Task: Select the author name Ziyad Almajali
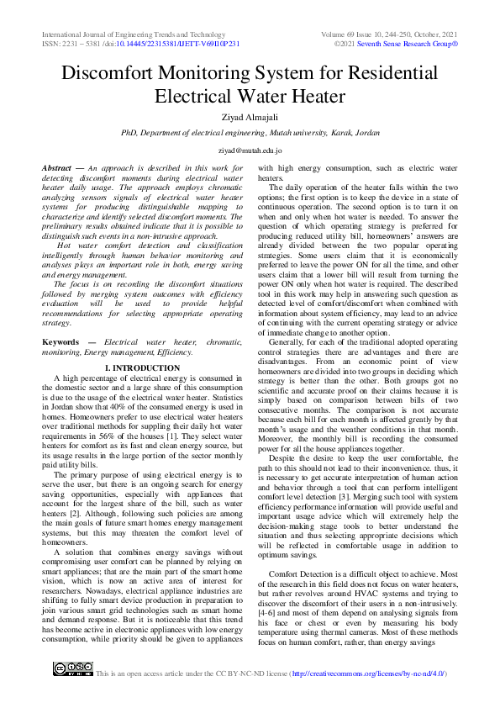[x=250, y=116]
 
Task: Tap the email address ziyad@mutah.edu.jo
[x=250, y=150]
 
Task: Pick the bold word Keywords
[x=61, y=343]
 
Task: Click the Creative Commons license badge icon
[x=72, y=669]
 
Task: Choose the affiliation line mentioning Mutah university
[x=250, y=133]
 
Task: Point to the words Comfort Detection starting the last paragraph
[x=300, y=573]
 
